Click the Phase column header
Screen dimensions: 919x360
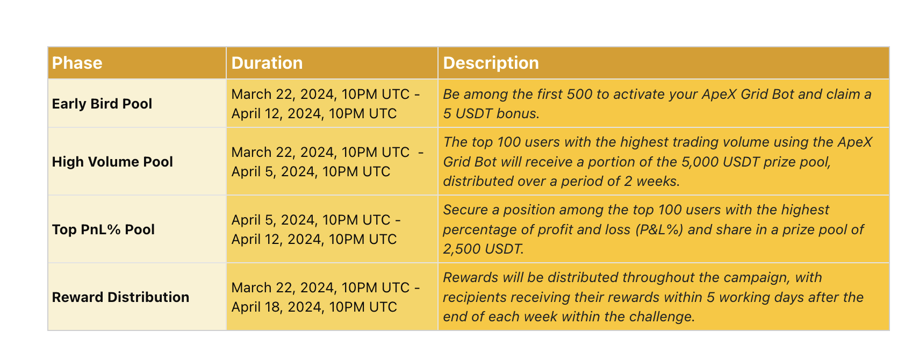coord(77,63)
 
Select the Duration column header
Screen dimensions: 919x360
coord(267,63)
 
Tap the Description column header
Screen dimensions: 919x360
coord(491,63)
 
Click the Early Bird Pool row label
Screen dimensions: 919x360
coord(102,103)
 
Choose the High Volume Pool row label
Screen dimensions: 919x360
coord(112,162)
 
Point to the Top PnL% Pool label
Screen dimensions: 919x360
coord(103,229)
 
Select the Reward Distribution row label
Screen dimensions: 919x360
coord(120,297)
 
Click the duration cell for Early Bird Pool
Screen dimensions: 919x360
coord(325,104)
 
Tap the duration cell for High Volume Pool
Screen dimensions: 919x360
coord(327,162)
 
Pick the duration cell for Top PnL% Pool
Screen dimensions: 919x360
coord(316,229)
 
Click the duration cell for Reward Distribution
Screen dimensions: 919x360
coord(325,297)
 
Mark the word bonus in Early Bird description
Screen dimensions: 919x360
coord(518,113)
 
